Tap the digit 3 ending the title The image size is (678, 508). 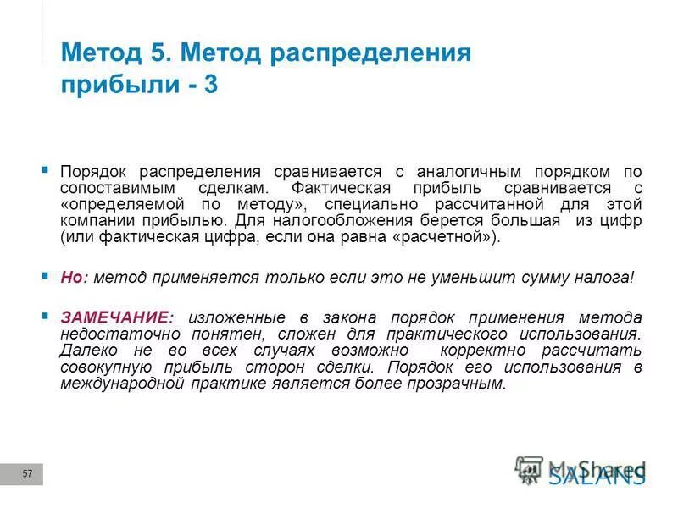tap(209, 86)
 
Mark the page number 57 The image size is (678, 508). tap(27, 474)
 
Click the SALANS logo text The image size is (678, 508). tap(596, 476)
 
